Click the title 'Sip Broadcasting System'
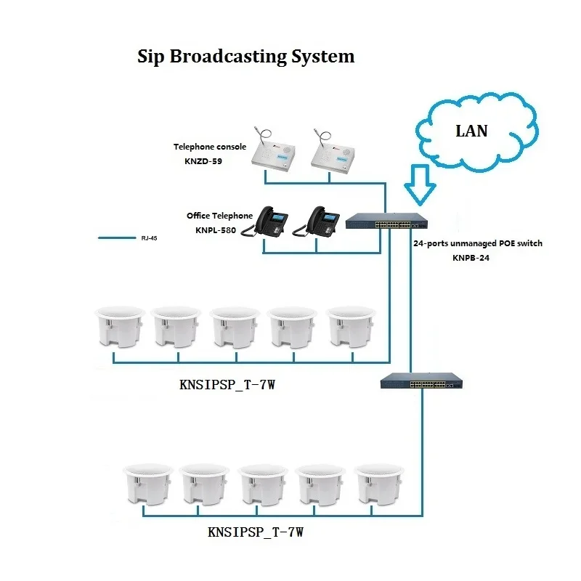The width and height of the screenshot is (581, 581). [245, 57]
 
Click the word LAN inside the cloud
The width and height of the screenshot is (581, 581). [471, 131]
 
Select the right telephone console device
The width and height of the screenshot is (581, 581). [333, 149]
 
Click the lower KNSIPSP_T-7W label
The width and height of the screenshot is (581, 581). [255, 532]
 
